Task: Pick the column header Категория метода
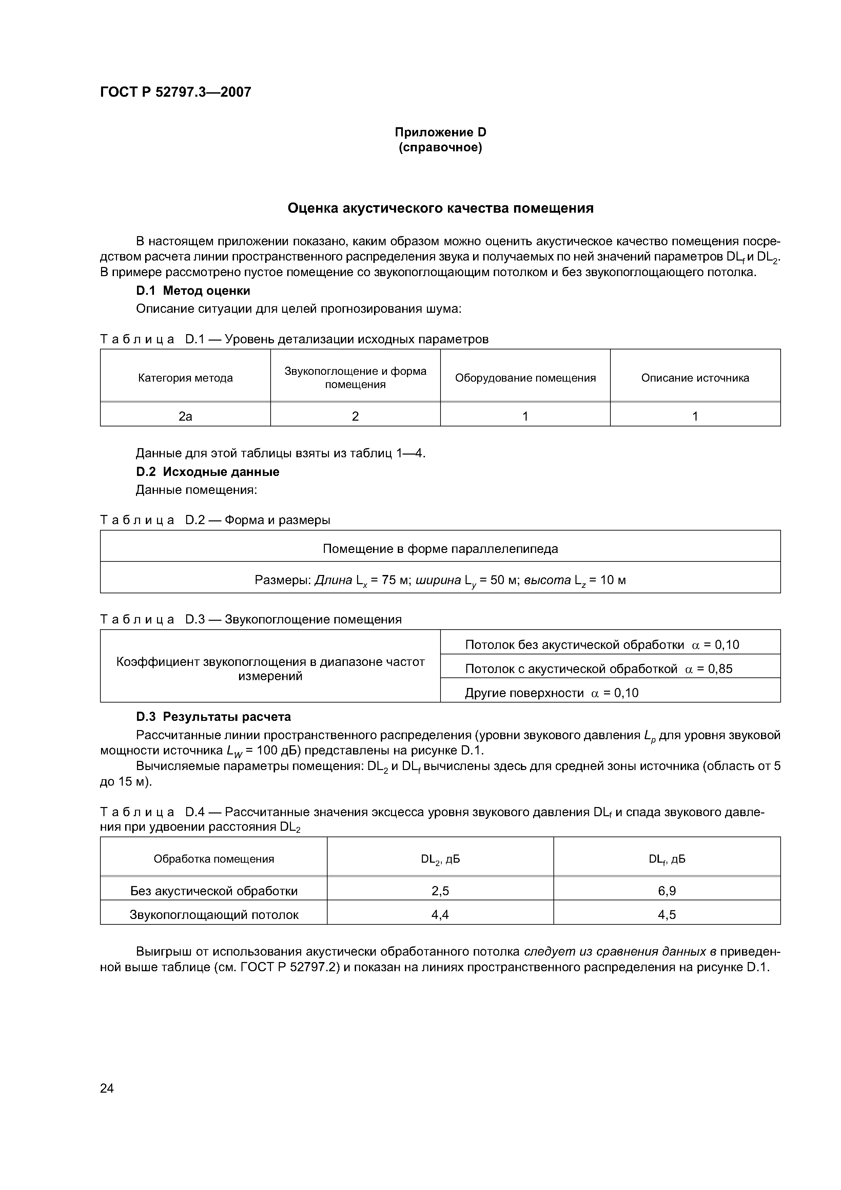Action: point(185,378)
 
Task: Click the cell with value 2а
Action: point(185,416)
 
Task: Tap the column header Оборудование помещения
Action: point(525,378)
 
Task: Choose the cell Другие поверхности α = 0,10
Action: point(551,693)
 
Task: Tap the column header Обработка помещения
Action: point(214,859)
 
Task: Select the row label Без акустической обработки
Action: point(214,891)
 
